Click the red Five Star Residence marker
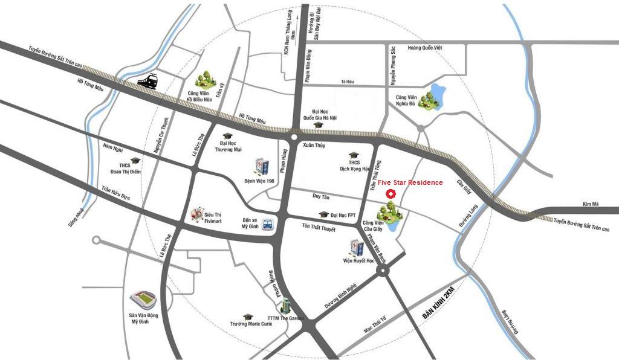click(391, 194)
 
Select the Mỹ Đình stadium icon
click(143, 299)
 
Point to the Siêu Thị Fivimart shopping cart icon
click(196, 214)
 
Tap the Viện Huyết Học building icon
click(357, 248)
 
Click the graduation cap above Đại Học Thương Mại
click(227, 136)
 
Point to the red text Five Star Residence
click(410, 182)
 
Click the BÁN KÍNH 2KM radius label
click(438, 306)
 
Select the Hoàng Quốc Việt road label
click(426, 48)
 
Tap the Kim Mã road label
click(591, 205)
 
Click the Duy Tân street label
click(320, 196)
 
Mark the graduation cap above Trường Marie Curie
click(247, 317)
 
